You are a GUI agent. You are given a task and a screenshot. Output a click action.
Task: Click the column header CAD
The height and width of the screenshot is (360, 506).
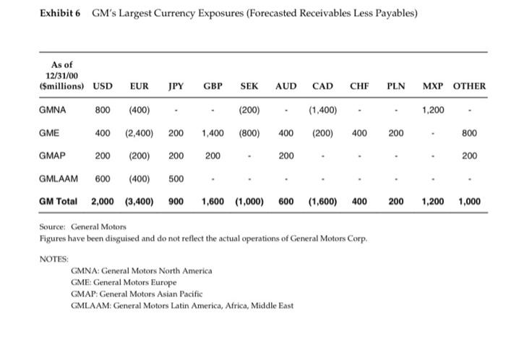point(322,87)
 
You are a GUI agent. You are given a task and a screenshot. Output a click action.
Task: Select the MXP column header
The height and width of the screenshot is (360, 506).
point(432,87)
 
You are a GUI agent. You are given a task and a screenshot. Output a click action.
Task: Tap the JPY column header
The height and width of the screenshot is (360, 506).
point(176,87)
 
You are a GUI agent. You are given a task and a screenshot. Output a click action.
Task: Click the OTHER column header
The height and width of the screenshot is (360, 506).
point(469,87)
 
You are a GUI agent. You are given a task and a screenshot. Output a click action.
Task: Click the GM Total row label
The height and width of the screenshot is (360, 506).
point(59,202)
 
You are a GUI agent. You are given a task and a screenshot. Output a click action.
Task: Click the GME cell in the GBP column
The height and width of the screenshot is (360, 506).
point(212,133)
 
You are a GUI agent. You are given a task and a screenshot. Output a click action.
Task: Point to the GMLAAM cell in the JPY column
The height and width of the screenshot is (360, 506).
point(176,179)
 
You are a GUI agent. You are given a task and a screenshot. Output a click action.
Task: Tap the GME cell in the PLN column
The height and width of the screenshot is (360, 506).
point(395,133)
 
